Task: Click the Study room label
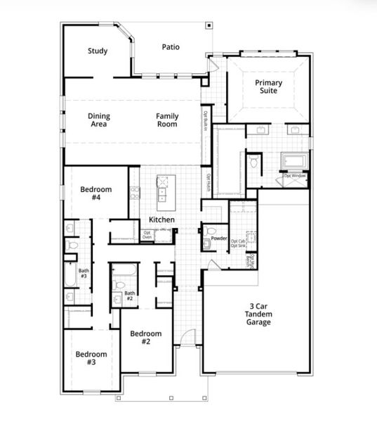97,51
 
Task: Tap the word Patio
170,47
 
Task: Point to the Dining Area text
98,120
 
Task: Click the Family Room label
167,120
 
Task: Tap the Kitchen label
161,219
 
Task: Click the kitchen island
163,188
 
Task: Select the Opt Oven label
147,235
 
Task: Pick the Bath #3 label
84,273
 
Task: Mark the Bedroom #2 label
146,338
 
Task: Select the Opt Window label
293,175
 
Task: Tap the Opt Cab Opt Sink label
239,243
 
